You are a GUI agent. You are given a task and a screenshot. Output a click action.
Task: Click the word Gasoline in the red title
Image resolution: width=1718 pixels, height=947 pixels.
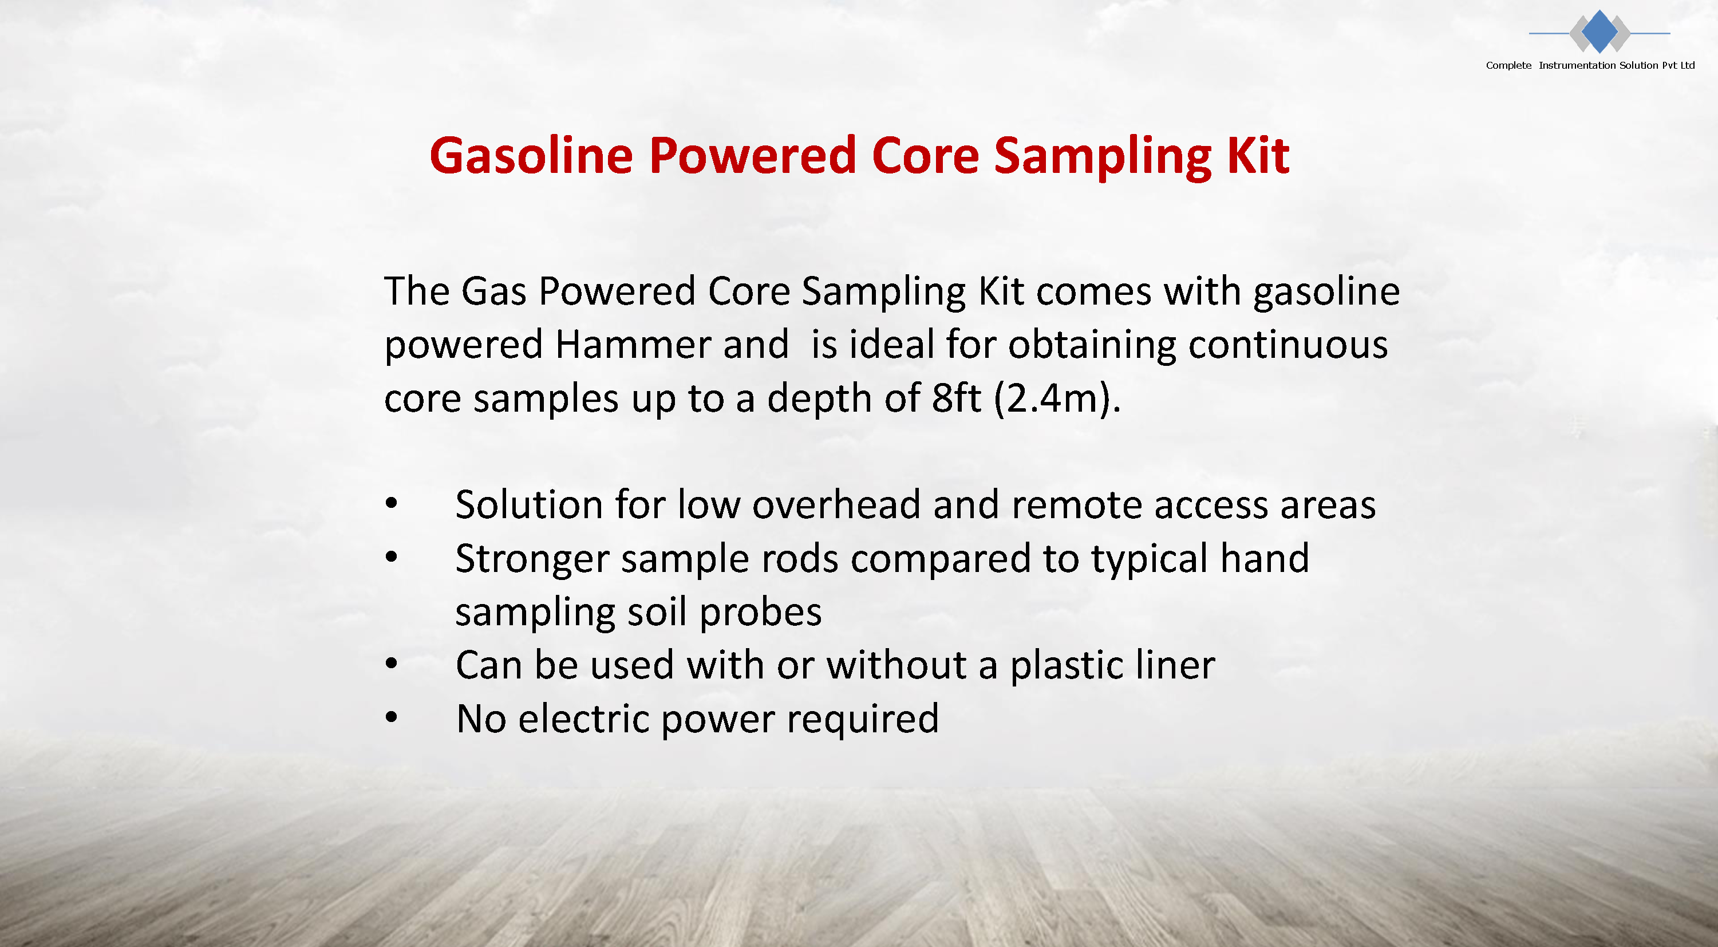pyautogui.click(x=531, y=155)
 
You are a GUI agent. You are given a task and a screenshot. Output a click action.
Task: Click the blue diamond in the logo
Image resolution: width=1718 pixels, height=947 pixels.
pyautogui.click(x=1599, y=31)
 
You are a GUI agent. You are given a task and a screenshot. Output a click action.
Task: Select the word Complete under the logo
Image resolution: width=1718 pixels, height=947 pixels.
pyautogui.click(x=1508, y=65)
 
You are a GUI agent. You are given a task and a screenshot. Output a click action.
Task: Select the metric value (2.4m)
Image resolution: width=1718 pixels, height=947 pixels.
pyautogui.click(x=1058, y=400)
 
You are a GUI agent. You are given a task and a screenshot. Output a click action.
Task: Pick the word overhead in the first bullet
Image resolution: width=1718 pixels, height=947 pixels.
pyautogui.click(x=836, y=504)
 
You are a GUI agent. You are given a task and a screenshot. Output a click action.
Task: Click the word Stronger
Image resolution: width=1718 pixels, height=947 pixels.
pyautogui.click(x=532, y=559)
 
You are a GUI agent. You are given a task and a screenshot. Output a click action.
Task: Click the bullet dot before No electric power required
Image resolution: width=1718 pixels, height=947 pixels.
pyautogui.click(x=392, y=717)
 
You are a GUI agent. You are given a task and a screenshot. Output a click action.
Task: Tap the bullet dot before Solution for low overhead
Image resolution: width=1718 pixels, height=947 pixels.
pyautogui.click(x=392, y=503)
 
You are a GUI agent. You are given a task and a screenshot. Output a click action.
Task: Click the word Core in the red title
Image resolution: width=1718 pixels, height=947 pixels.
pyautogui.click(x=926, y=155)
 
